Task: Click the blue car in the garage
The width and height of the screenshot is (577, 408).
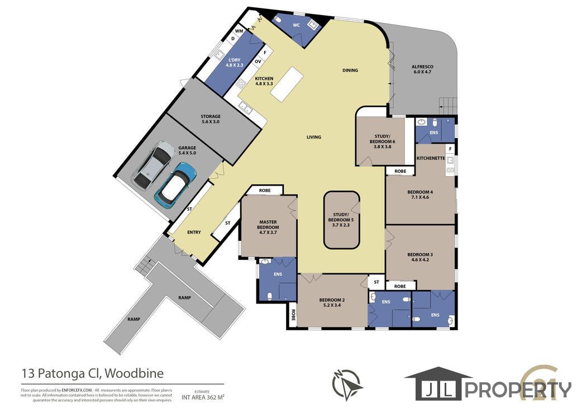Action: coord(175,185)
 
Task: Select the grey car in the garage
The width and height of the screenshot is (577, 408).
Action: coord(153,165)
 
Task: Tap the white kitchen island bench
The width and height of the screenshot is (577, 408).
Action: coord(287,84)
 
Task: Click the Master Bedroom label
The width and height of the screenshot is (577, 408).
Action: coord(268,225)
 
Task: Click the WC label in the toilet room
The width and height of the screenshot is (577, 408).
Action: coord(296,25)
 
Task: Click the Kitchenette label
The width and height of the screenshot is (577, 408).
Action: coord(431,158)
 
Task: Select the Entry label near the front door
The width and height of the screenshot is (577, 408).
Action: coord(194,233)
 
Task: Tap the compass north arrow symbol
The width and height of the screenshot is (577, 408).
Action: coord(346,384)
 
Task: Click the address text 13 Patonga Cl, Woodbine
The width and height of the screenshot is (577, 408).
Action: coord(92,373)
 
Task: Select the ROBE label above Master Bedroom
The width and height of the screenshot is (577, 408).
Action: coord(265,191)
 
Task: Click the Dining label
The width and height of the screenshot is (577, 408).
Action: coord(350,70)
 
